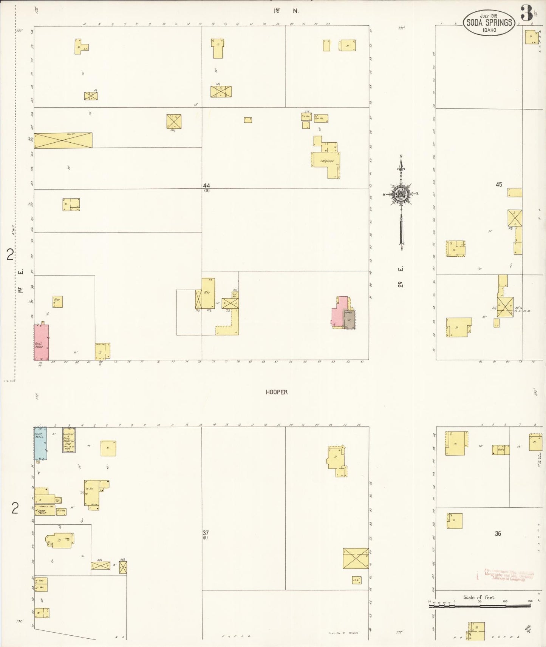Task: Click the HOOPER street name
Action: [277, 392]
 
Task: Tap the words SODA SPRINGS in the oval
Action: [489, 22]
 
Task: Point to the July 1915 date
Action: [489, 16]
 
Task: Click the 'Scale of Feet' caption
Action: [479, 598]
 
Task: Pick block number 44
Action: [206, 186]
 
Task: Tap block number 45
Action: [499, 185]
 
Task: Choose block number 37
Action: [206, 533]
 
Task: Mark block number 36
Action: [498, 533]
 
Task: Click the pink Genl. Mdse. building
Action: [41, 342]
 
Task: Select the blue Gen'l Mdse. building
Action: [40, 443]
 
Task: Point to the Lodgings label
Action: [327, 161]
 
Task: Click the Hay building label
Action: [207, 293]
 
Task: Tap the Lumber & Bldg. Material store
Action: [69, 439]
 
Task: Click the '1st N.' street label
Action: [286, 11]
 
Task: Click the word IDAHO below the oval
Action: [489, 30]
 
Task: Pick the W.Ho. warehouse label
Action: [90, 488]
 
